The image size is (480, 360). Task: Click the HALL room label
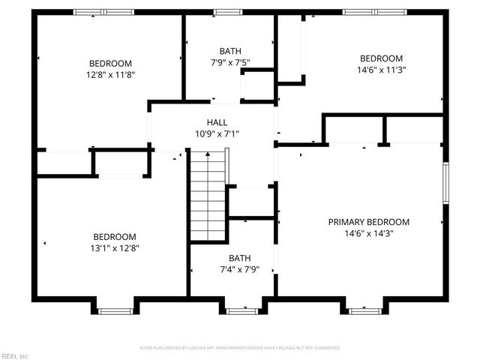pyautogui.click(x=217, y=122)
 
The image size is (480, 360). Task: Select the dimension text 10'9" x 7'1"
pyautogui.click(x=217, y=133)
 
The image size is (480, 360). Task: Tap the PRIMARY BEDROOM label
pyautogui.click(x=369, y=222)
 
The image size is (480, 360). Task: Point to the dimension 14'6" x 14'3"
pyautogui.click(x=369, y=233)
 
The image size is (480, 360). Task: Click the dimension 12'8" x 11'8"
pyautogui.click(x=110, y=74)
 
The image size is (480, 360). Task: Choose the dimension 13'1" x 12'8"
pyautogui.click(x=115, y=247)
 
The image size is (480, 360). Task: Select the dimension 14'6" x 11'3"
pyautogui.click(x=381, y=70)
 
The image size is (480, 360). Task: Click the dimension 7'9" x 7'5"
pyautogui.click(x=229, y=63)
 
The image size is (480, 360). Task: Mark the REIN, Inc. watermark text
pyautogui.click(x=14, y=355)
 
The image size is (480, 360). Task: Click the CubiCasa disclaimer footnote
pyautogui.click(x=240, y=348)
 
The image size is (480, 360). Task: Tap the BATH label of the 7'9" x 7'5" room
pyautogui.click(x=229, y=52)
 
